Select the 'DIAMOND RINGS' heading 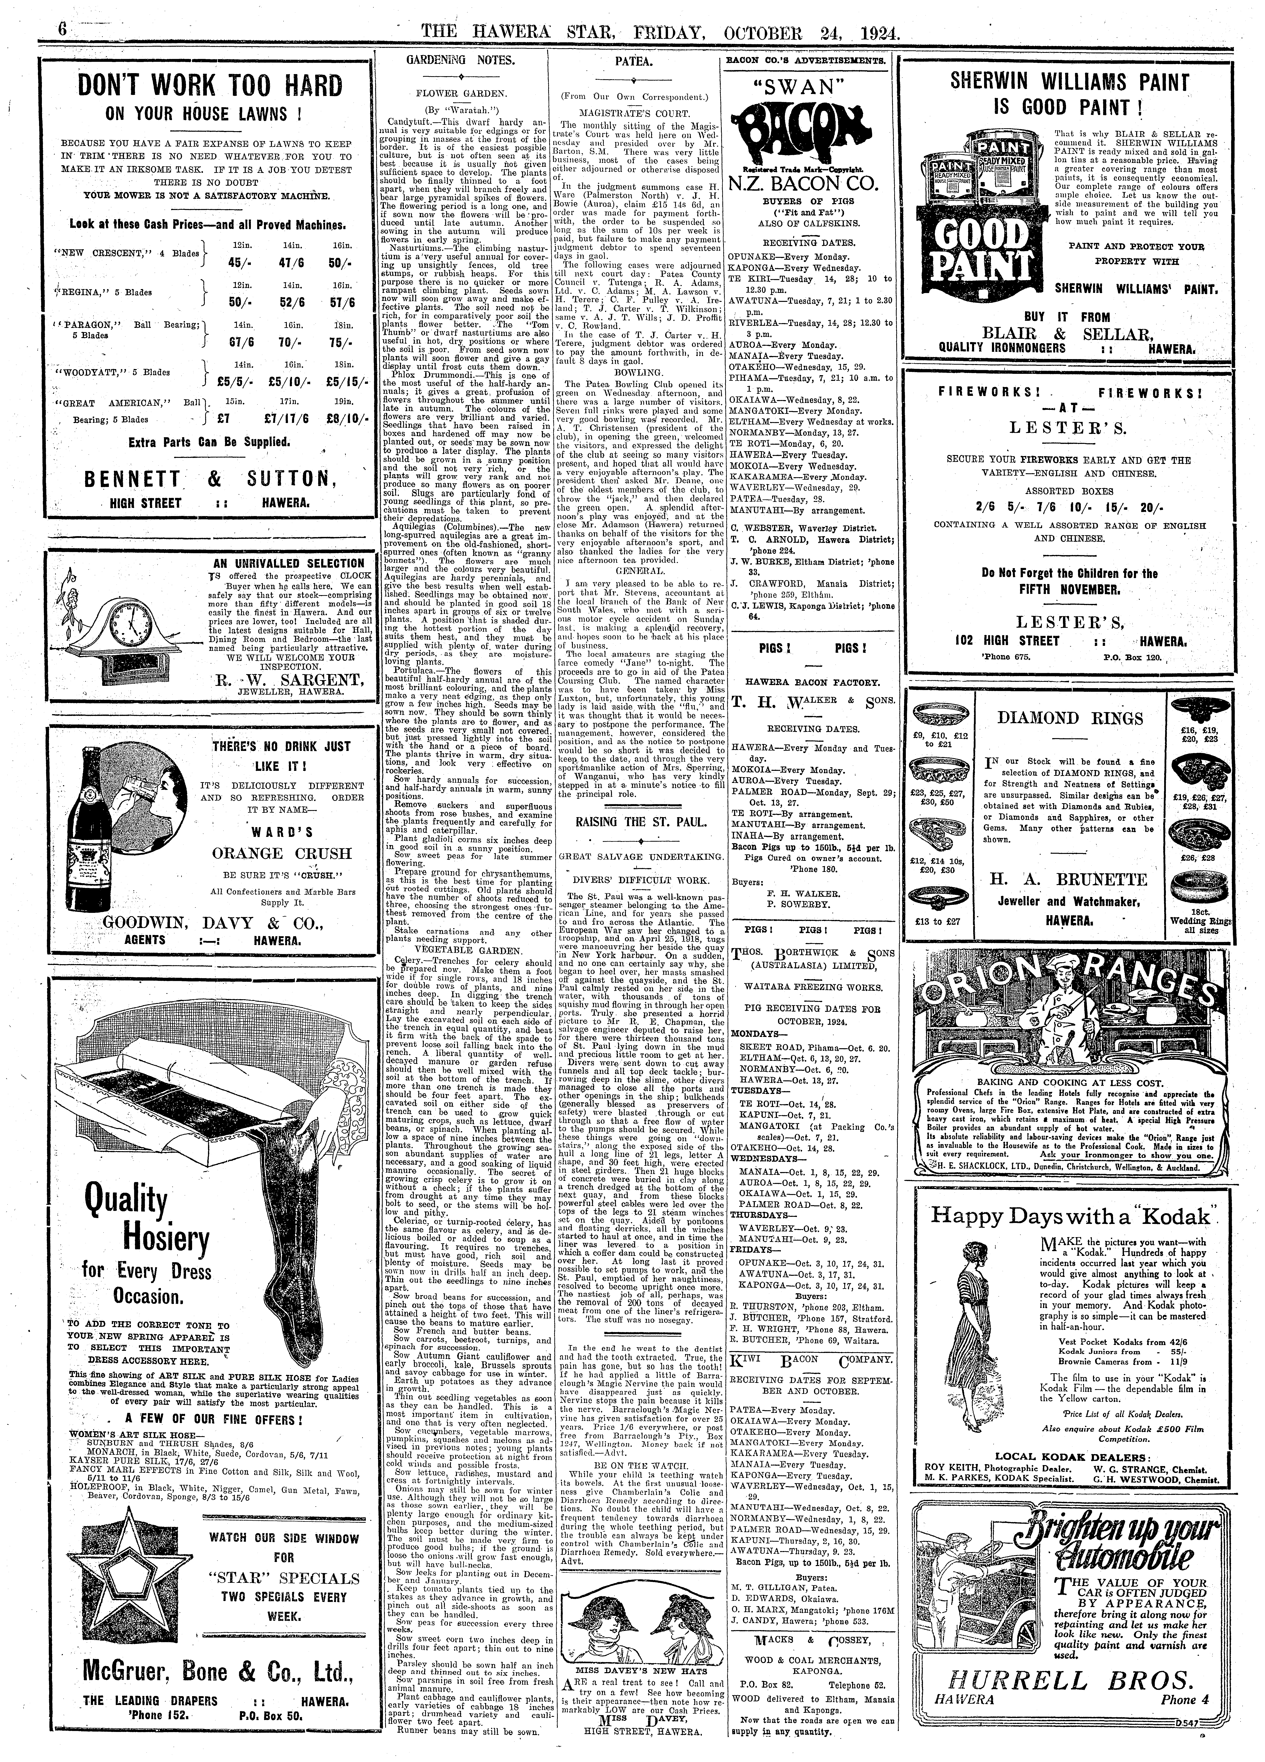(x=1070, y=718)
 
